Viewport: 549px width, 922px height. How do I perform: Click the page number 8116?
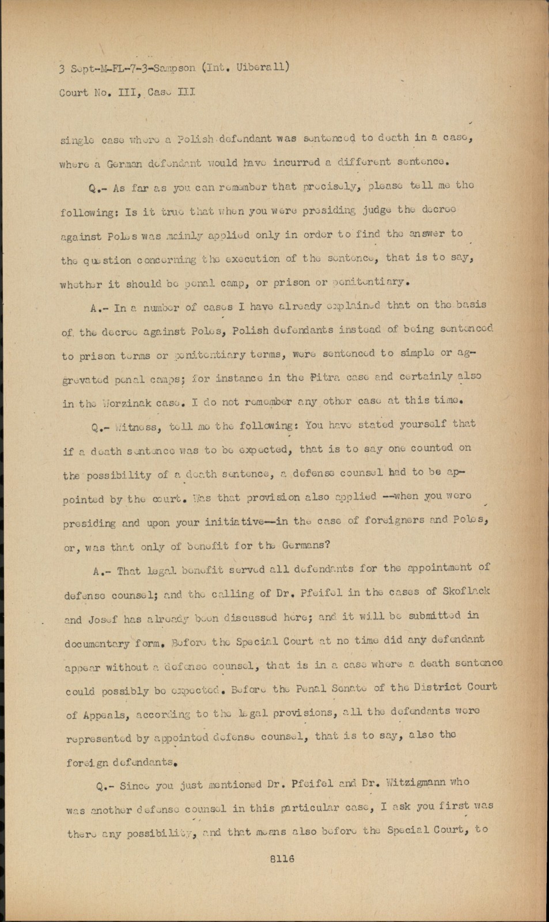[282, 859]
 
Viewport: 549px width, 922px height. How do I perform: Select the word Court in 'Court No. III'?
[74, 92]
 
